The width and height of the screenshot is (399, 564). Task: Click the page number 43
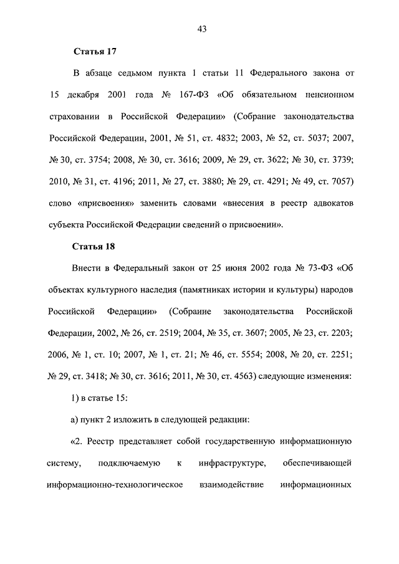[201, 28]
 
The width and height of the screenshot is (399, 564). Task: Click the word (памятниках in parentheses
[239, 289]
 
